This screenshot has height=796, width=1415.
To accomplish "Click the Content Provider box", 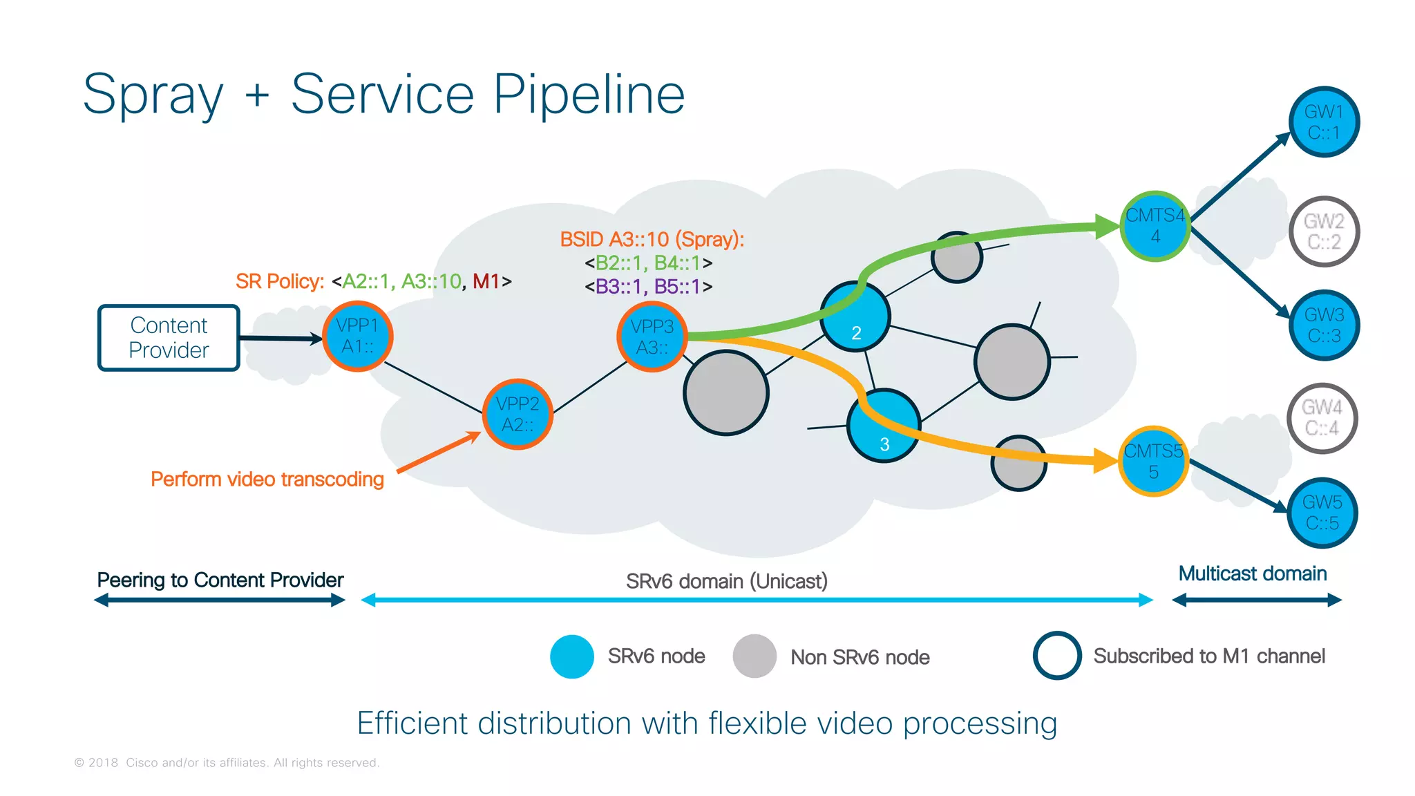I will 169,338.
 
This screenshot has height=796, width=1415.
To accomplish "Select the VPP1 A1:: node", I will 357,337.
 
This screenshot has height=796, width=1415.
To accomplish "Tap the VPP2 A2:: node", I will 517,414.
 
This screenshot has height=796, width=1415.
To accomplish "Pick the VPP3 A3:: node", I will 652,337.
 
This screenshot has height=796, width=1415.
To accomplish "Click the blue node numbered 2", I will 855,317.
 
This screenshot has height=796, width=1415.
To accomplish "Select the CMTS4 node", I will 1155,226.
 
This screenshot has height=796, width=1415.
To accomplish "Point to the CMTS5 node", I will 1153,461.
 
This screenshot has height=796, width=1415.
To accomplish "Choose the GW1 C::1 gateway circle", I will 1324,122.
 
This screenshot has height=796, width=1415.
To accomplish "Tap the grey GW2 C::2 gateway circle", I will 1324,231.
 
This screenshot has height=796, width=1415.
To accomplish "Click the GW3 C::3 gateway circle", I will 1324,325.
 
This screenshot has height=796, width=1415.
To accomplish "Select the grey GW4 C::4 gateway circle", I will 1322,418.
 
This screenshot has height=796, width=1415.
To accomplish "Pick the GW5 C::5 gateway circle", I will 1322,513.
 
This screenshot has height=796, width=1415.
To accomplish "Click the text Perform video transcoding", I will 267,479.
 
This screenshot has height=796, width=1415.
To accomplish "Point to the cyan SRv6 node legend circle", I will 572,656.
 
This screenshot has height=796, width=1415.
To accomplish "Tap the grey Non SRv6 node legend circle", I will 754,656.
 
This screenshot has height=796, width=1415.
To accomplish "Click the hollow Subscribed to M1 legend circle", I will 1057,655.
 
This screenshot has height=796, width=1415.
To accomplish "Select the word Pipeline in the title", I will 589,95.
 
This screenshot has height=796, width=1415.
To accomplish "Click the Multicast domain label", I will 1252,574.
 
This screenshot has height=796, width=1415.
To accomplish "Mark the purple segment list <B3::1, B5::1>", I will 648,286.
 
